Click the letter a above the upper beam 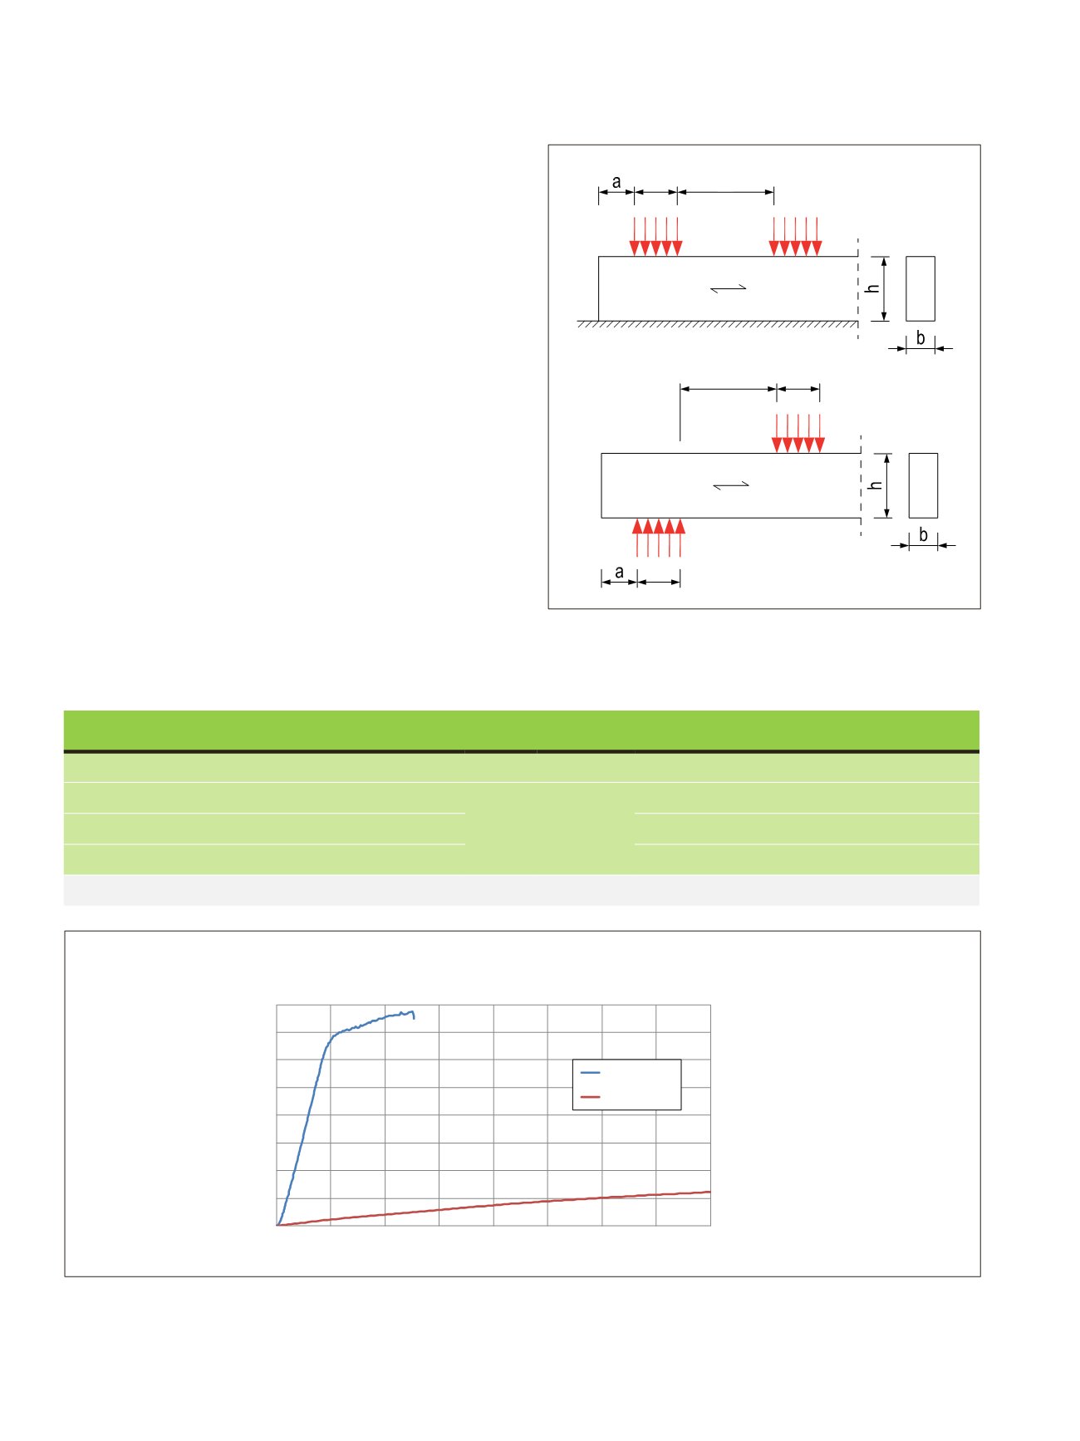click(616, 182)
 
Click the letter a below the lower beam click(619, 572)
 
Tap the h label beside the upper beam click(872, 288)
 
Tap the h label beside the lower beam click(875, 484)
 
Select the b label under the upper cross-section click(920, 338)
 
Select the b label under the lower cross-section click(923, 535)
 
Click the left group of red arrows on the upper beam click(655, 237)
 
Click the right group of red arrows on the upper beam click(795, 237)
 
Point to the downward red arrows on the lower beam click(798, 433)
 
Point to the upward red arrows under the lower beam click(659, 537)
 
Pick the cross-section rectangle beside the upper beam click(920, 288)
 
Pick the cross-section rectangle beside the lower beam click(923, 485)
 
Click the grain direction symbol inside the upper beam click(729, 288)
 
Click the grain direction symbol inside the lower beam click(731, 485)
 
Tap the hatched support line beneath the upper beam click(718, 323)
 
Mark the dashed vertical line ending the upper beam click(858, 288)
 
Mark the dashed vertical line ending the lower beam click(861, 484)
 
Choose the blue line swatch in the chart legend click(590, 1073)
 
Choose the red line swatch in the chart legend click(590, 1097)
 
